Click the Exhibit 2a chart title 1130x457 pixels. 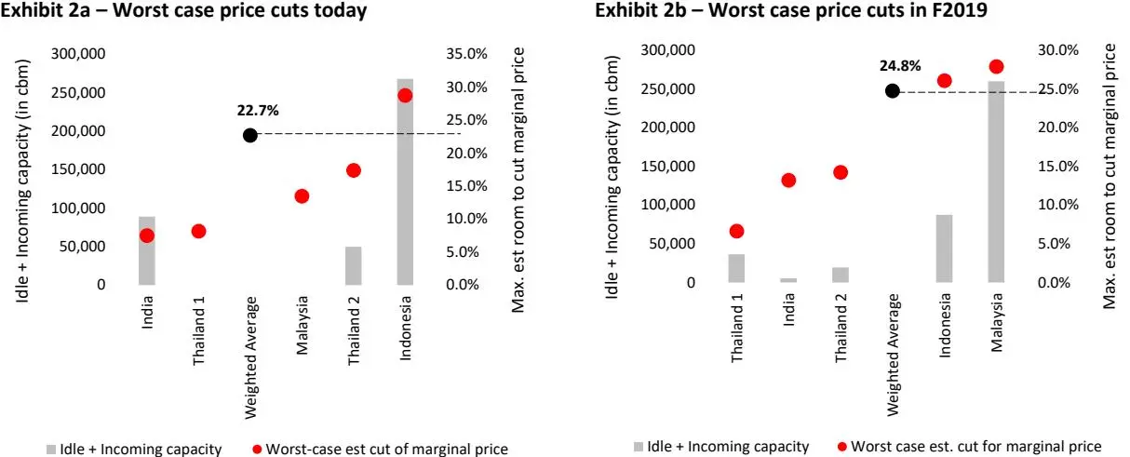click(x=183, y=12)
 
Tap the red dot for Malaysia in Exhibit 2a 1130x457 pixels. click(x=302, y=196)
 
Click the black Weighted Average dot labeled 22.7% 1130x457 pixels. click(x=249, y=135)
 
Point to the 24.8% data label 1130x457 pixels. click(x=899, y=66)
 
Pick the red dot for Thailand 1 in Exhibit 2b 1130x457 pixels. click(x=737, y=231)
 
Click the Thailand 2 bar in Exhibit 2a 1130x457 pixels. click(x=353, y=265)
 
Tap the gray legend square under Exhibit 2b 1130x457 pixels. click(x=639, y=447)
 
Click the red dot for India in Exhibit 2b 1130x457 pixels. click(x=788, y=181)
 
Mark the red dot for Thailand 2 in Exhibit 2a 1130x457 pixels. click(x=353, y=170)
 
